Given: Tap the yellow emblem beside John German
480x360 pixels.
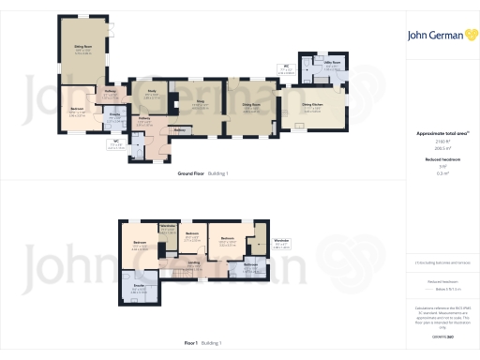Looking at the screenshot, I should (471, 36).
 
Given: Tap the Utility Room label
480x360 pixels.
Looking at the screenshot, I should (330, 65).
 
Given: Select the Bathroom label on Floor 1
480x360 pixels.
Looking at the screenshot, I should (250, 264).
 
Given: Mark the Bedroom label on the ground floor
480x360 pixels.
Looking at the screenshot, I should (77, 109).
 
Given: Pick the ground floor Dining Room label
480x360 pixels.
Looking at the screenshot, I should (251, 105).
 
